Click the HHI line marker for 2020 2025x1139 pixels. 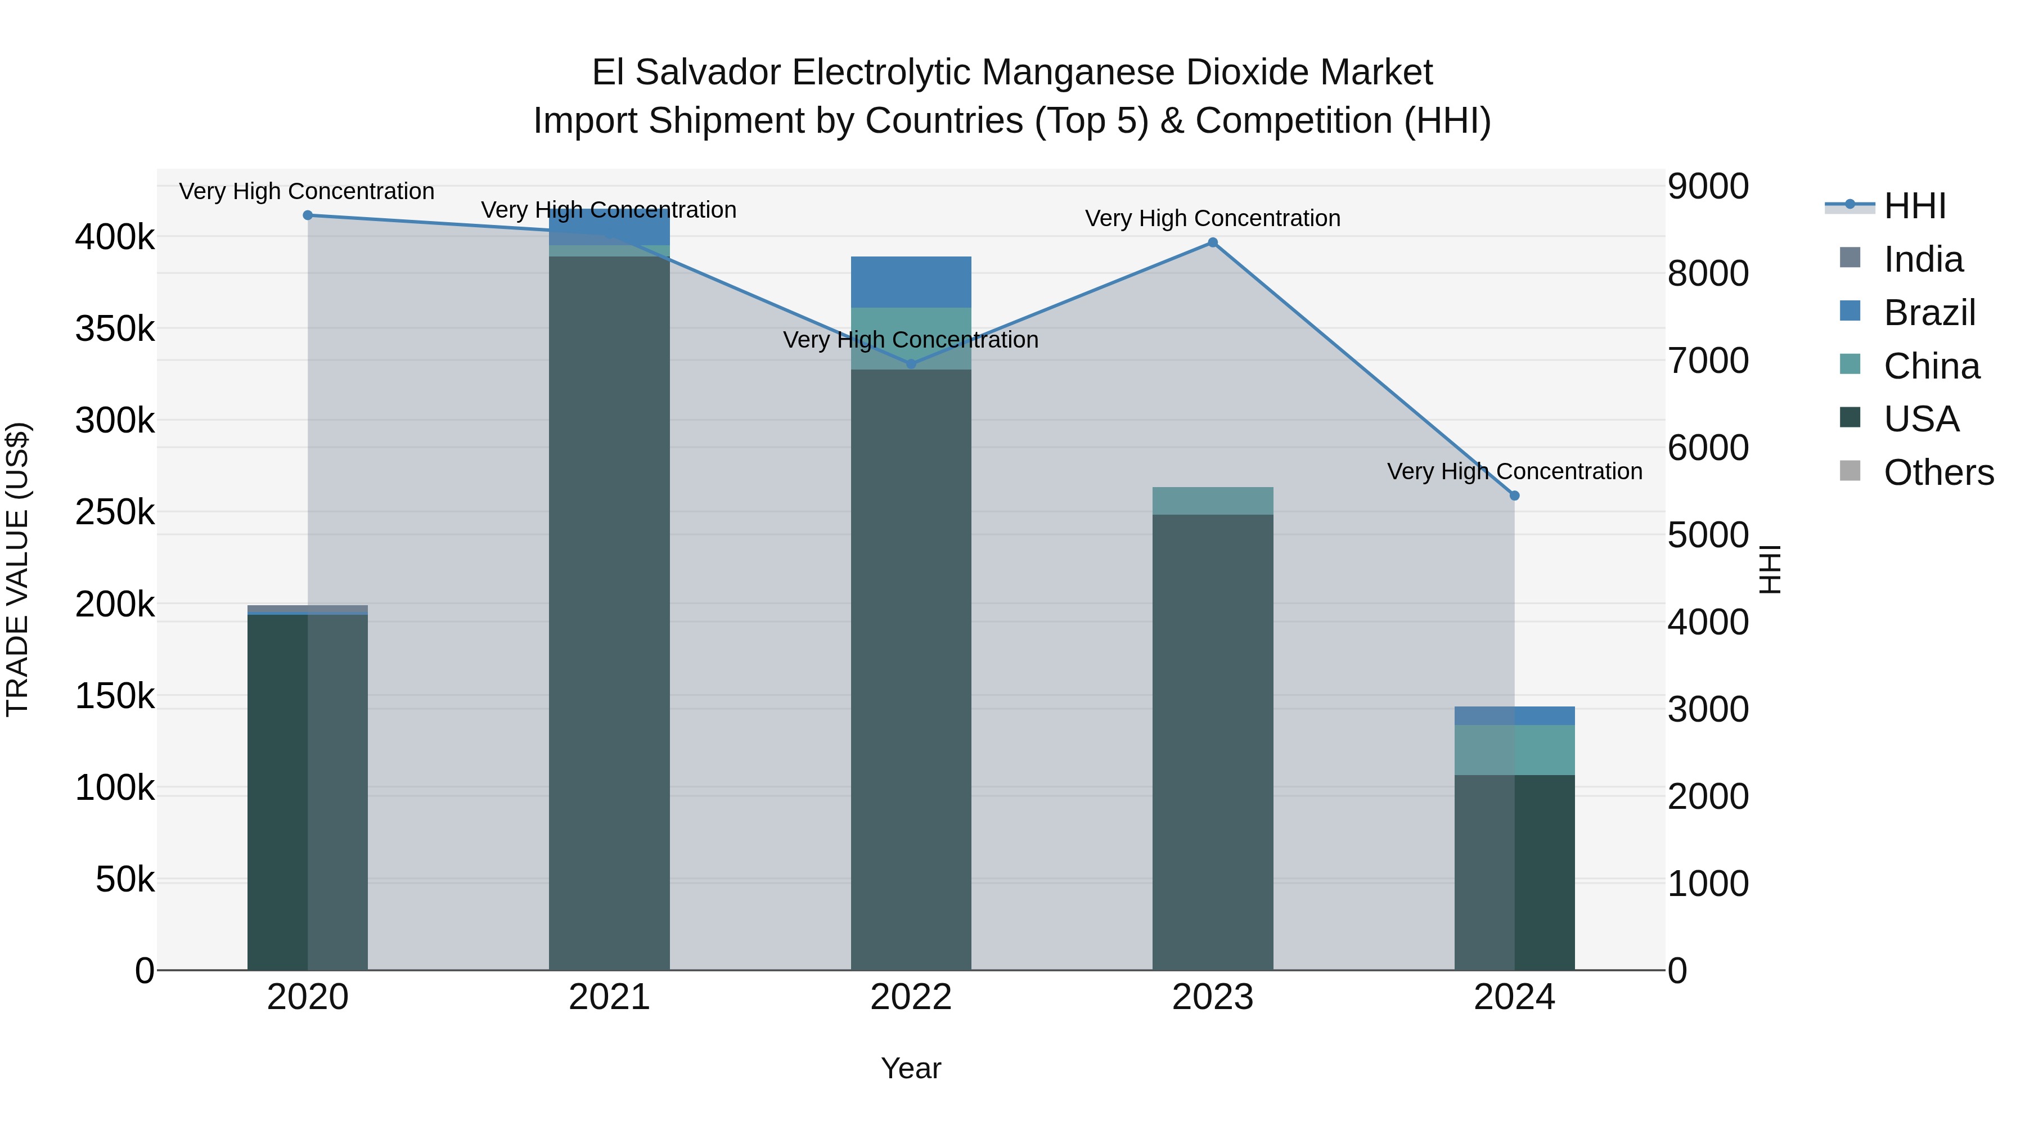(x=307, y=215)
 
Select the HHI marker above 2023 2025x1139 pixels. (x=1212, y=243)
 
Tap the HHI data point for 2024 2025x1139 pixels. (x=1514, y=496)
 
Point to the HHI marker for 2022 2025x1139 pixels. (x=911, y=364)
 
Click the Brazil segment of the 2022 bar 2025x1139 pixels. (x=911, y=281)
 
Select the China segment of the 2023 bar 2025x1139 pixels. (x=1212, y=501)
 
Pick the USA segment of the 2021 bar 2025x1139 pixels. (x=609, y=613)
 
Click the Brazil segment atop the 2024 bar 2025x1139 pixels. (x=1514, y=715)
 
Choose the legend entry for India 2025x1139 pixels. (x=1922, y=259)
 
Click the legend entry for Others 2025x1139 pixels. (x=1938, y=472)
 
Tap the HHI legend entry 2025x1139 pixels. (x=1914, y=206)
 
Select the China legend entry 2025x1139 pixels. (x=1930, y=366)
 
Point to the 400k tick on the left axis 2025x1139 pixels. (x=115, y=237)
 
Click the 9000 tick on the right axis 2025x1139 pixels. (x=1707, y=187)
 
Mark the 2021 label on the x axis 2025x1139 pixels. (x=609, y=997)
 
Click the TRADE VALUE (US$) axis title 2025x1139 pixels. (x=17, y=569)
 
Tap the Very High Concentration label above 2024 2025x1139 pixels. (x=1514, y=472)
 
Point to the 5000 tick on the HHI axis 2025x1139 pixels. (x=1707, y=535)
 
